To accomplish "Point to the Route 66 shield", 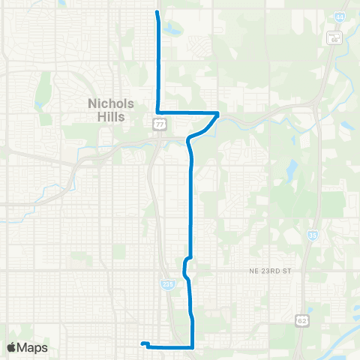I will (333, 39).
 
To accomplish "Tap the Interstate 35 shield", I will (312, 235).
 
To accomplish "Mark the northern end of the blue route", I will (157, 12).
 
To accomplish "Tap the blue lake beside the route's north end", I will (174, 29).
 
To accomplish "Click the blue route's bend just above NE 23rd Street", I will (185, 262).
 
